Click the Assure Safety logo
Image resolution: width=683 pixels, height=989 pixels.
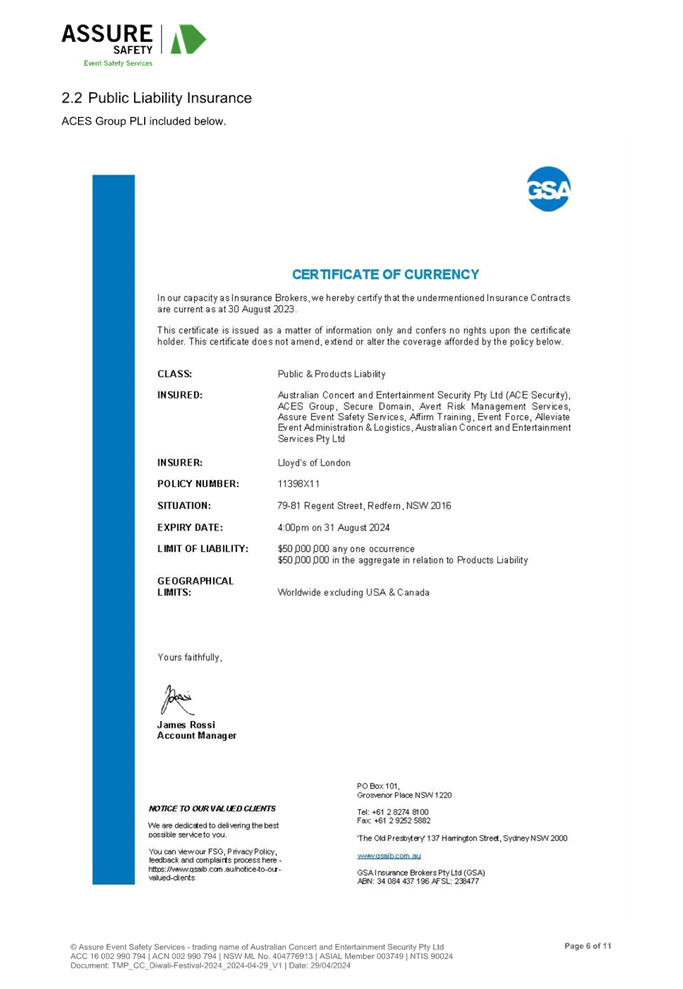click(133, 40)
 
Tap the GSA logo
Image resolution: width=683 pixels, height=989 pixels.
click(549, 190)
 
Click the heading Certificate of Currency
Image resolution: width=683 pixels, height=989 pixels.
click(385, 274)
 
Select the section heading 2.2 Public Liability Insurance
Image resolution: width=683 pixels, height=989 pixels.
click(156, 98)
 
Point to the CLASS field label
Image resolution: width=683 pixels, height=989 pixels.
click(175, 374)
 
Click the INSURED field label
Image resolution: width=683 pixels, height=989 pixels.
click(180, 395)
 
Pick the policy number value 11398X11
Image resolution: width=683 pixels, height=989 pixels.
click(298, 484)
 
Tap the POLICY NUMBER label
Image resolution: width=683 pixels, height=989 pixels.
click(198, 484)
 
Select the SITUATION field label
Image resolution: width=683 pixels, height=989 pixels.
click(184, 506)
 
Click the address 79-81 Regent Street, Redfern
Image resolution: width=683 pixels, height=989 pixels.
click(364, 506)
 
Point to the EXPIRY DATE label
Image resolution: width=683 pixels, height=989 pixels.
click(189, 527)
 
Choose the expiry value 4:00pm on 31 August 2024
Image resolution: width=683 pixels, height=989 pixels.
click(334, 527)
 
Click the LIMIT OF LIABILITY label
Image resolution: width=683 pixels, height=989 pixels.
click(203, 549)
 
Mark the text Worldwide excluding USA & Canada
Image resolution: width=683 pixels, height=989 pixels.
click(354, 593)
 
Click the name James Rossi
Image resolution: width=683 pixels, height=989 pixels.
click(186, 724)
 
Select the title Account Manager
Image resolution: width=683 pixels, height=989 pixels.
click(197, 736)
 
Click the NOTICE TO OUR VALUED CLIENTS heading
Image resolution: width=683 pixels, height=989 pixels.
click(213, 808)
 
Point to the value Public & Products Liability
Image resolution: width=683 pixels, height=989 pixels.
click(332, 374)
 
